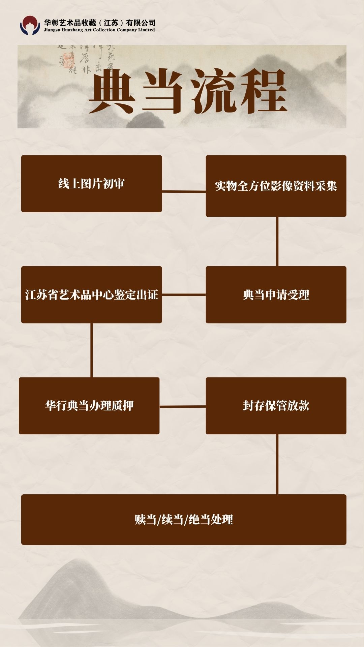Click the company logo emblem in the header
coord(30,26)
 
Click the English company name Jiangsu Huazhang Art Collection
coord(99,30)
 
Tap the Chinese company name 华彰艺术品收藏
coord(100,23)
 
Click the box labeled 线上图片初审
coord(91,184)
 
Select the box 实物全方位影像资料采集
coord(276,186)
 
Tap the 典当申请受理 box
coord(276,295)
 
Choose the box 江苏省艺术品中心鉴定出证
coord(91,295)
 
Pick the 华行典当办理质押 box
coord(89,405)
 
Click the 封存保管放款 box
coord(276,405)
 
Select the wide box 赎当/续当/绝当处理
coord(184,519)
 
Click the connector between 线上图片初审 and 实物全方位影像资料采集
coord(184,191)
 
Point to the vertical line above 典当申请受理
coord(277,241)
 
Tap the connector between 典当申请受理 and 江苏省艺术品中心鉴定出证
coord(184,295)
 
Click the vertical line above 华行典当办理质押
coord(91,350)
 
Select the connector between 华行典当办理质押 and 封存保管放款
coord(182,406)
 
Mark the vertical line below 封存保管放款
coord(277,464)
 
